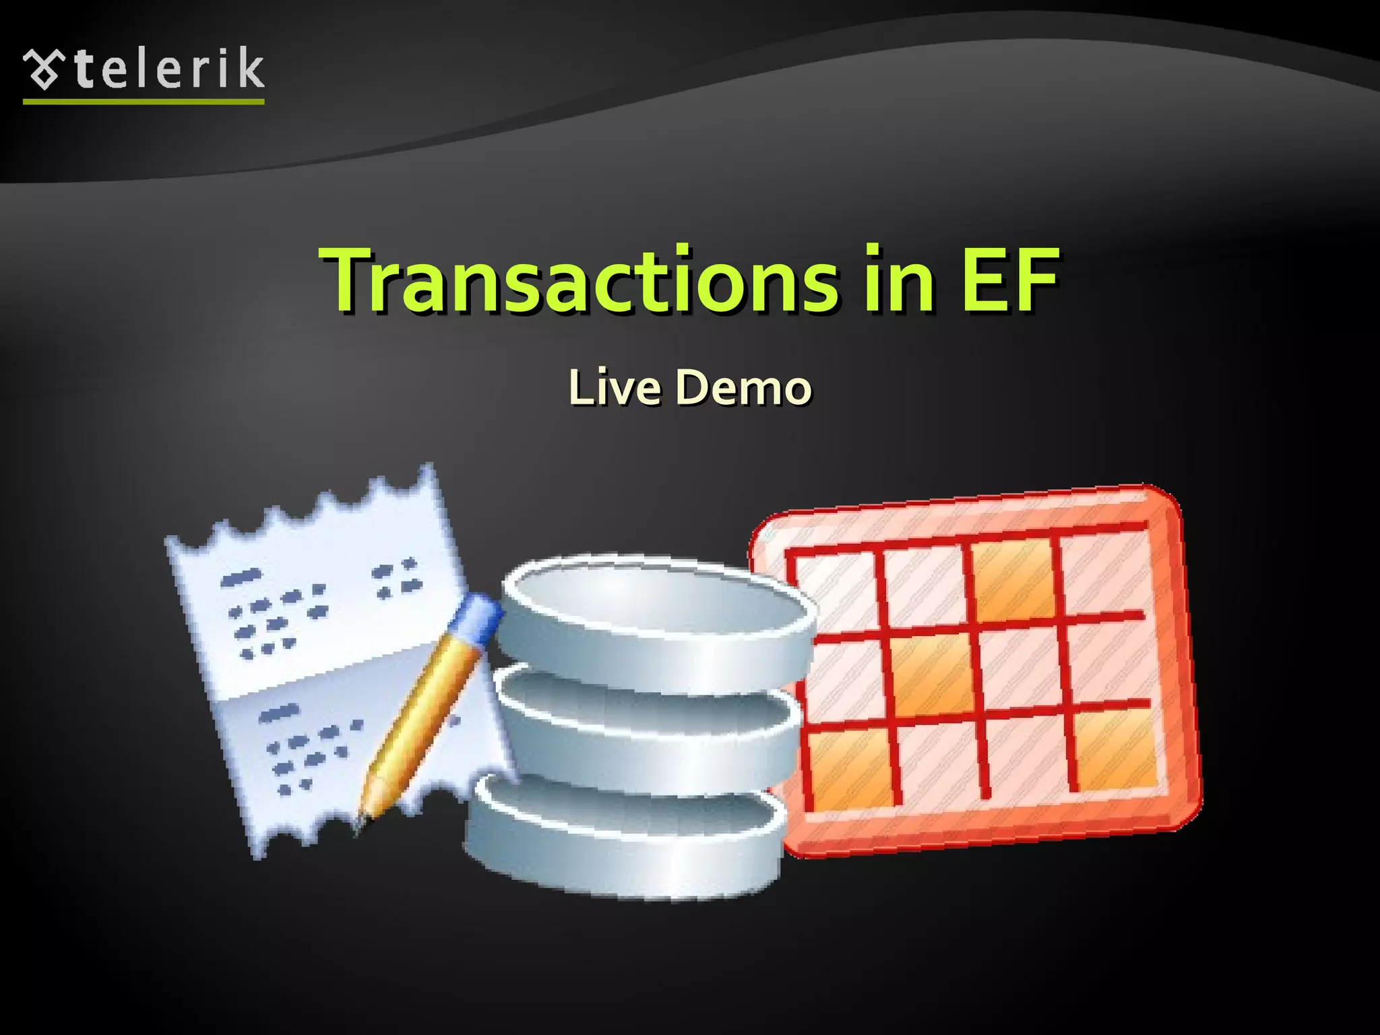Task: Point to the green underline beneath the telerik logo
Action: (144, 102)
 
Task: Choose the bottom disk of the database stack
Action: (627, 842)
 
